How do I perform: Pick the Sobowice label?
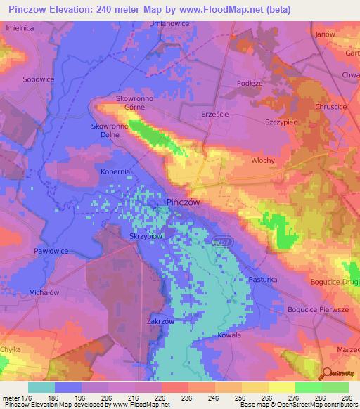(x=39, y=79)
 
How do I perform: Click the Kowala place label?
(x=229, y=335)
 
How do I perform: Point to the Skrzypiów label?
(x=148, y=237)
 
